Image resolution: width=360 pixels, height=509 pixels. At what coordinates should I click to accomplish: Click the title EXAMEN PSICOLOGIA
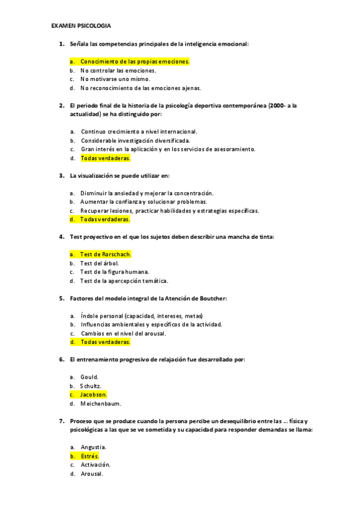pyautogui.click(x=81, y=26)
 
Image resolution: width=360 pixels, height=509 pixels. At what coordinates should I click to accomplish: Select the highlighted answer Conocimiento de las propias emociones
pyautogui.click(x=134, y=61)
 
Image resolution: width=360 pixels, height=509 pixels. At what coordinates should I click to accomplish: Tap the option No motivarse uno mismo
pyautogui.click(x=115, y=79)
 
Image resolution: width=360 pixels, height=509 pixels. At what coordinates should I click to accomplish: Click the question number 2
pyautogui.click(x=61, y=105)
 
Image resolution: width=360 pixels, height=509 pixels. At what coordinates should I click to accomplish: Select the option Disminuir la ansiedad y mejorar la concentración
pyautogui.click(x=147, y=193)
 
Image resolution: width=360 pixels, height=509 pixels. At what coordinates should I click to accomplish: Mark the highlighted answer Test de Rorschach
pyautogui.click(x=106, y=254)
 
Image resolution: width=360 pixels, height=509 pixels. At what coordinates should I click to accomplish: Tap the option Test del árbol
pyautogui.click(x=100, y=263)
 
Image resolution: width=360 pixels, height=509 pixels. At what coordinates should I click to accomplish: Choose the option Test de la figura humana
pyautogui.click(x=114, y=272)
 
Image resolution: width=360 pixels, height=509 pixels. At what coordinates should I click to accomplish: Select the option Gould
pyautogui.click(x=89, y=377)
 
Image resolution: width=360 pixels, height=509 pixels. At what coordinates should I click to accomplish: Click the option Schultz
pyautogui.click(x=91, y=386)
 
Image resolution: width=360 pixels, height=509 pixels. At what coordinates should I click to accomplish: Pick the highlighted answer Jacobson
pyautogui.click(x=94, y=395)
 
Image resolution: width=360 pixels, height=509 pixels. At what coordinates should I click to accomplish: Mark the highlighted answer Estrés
pyautogui.click(x=90, y=456)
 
